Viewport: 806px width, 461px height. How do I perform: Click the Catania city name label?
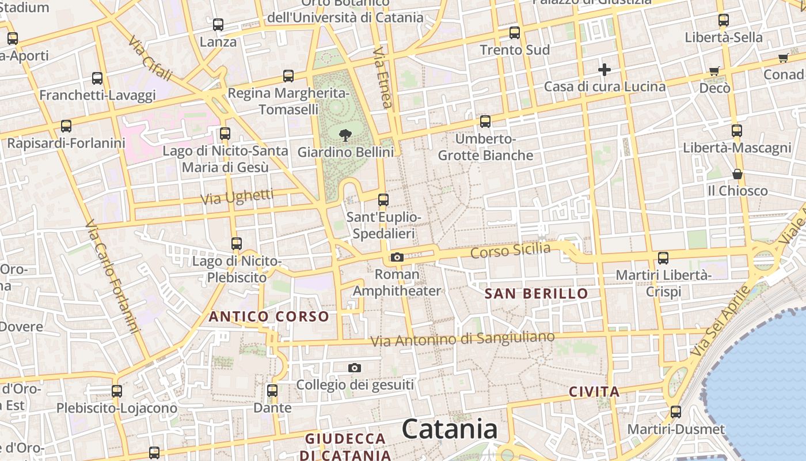[x=450, y=429]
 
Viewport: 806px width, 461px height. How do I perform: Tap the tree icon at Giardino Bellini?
[x=345, y=136]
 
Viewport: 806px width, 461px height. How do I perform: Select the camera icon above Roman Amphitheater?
[x=397, y=257]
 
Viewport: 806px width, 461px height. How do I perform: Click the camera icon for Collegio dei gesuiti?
[x=355, y=368]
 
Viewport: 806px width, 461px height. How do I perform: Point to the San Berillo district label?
[x=536, y=293]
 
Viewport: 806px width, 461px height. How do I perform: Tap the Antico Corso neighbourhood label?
[x=269, y=316]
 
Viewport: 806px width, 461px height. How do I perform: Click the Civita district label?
[x=594, y=392]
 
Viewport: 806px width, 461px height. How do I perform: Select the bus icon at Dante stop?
[x=272, y=390]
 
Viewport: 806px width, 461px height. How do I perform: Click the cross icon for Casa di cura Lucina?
[x=604, y=70]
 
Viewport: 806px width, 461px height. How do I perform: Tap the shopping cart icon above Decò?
[x=714, y=71]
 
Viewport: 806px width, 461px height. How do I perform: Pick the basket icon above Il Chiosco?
[x=737, y=174]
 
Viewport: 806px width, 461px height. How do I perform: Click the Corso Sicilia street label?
[x=510, y=251]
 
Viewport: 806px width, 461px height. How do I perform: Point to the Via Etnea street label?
[x=382, y=78]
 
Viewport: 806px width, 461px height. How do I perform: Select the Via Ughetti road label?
[x=237, y=197]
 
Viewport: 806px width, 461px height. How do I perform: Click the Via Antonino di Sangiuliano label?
[x=462, y=339]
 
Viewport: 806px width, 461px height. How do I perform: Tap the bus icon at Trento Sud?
[x=515, y=33]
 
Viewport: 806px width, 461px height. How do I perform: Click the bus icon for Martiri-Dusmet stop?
[x=676, y=412]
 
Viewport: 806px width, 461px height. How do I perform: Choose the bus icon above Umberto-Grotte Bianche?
[x=485, y=122]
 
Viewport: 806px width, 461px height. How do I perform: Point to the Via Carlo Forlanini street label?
[x=113, y=277]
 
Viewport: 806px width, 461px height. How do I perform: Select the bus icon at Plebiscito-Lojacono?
[x=117, y=391]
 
